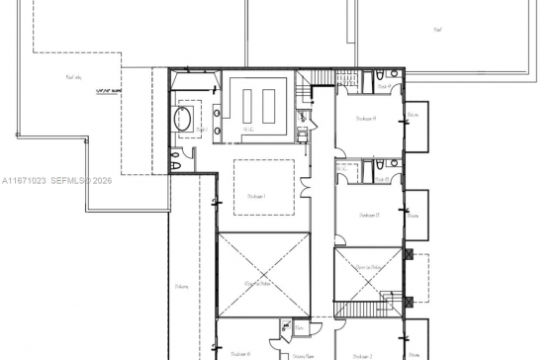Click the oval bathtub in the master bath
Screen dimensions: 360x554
tap(184, 120)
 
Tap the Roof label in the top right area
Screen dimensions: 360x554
tap(437, 30)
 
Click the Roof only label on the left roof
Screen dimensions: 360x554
tap(73, 76)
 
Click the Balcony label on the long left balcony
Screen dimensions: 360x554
tap(182, 288)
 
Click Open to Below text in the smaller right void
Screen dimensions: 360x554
tap(368, 268)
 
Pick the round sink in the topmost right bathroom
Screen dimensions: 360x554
tap(393, 76)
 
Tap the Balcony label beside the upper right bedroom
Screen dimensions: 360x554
tap(414, 116)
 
